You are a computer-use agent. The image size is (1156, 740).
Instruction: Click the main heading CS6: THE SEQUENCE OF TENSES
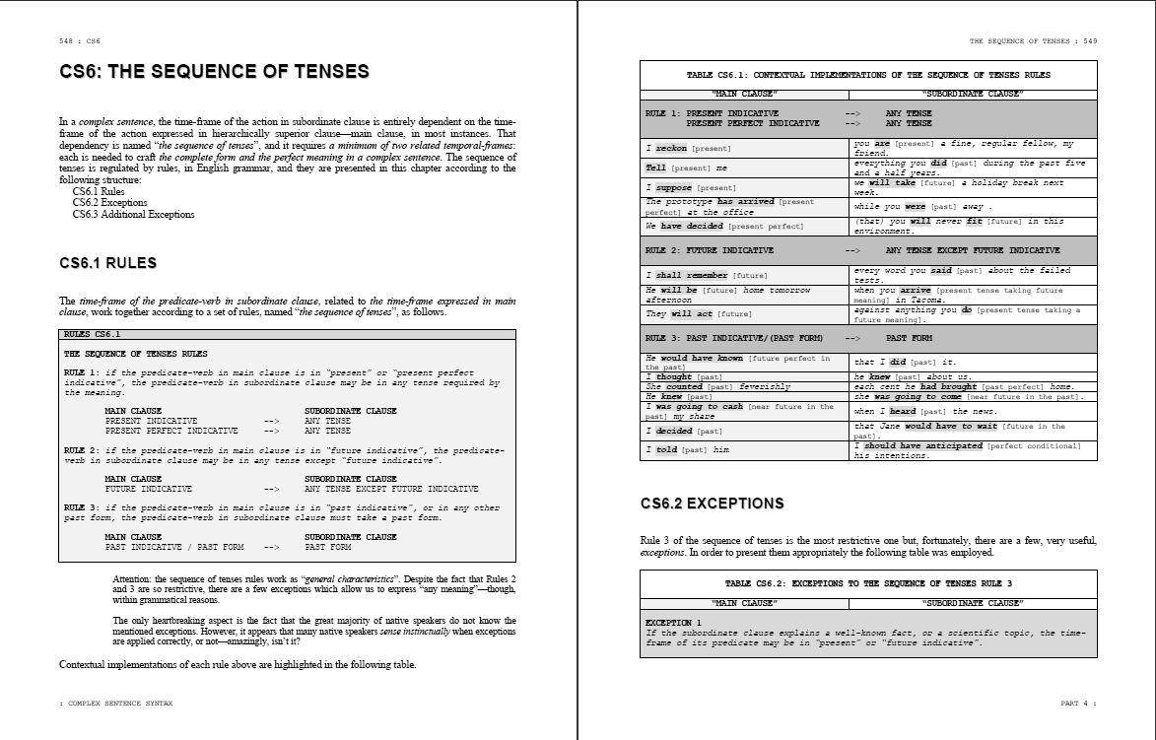[x=214, y=72]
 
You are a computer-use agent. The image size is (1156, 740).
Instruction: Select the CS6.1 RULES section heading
[x=107, y=263]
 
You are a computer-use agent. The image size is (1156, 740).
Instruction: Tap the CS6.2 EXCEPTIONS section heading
[x=712, y=504]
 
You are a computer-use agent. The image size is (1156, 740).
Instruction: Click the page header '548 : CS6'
[x=80, y=41]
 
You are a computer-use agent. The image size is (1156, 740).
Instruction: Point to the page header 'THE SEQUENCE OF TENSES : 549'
[x=1033, y=41]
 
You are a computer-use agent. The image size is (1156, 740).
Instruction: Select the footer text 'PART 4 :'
[x=1078, y=704]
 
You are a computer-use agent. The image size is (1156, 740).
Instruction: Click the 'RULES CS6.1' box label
[x=92, y=335]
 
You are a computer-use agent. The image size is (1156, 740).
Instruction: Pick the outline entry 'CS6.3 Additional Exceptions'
[x=133, y=214]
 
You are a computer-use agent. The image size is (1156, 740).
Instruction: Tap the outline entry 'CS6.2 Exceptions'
[x=109, y=203]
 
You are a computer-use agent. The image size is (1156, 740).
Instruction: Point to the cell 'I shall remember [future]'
[x=706, y=275]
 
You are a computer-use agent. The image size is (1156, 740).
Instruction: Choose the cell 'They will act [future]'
[x=698, y=314]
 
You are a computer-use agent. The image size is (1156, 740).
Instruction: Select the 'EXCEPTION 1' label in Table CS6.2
[x=673, y=623]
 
